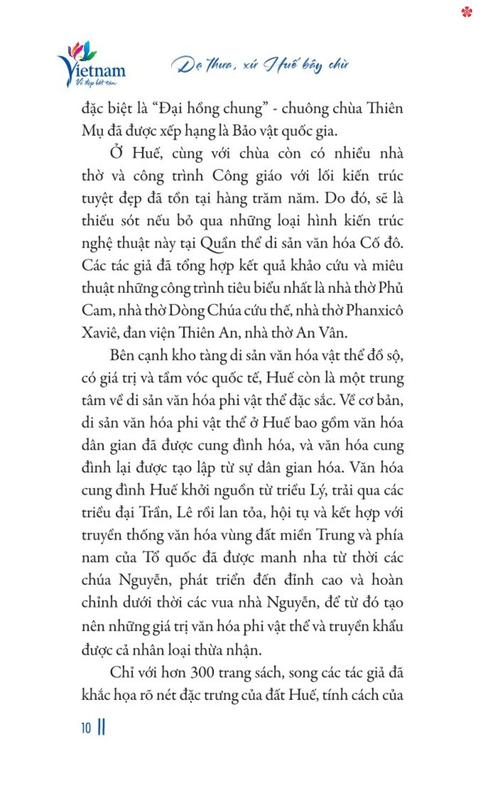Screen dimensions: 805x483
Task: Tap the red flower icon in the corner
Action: coord(466,11)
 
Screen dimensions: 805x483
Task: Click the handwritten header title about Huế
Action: coord(260,65)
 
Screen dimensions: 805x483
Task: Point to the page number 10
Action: coord(86,728)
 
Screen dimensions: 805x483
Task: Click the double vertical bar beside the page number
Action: coord(101,728)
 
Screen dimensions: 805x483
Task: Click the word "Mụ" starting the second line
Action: coord(91,131)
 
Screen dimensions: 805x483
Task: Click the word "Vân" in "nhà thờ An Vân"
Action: coord(333,333)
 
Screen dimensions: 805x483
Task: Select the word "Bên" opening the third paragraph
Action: coord(122,355)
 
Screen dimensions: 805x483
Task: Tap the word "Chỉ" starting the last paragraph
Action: coord(122,673)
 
